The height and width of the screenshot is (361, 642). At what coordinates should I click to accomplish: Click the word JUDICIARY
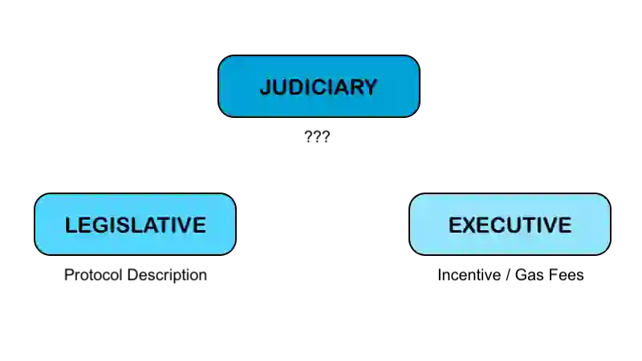(319, 87)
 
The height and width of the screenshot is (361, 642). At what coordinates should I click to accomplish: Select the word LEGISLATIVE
(136, 225)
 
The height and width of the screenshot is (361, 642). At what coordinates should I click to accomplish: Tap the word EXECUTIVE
(510, 225)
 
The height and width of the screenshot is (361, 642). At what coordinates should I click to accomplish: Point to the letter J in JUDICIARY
(265, 87)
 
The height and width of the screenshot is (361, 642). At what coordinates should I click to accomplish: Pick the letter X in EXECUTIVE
(469, 225)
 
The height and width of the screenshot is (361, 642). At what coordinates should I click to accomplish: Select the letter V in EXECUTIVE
(549, 225)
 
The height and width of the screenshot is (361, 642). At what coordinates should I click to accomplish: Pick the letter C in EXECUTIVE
(498, 225)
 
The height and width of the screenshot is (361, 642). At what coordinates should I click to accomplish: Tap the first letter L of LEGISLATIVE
(71, 225)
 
